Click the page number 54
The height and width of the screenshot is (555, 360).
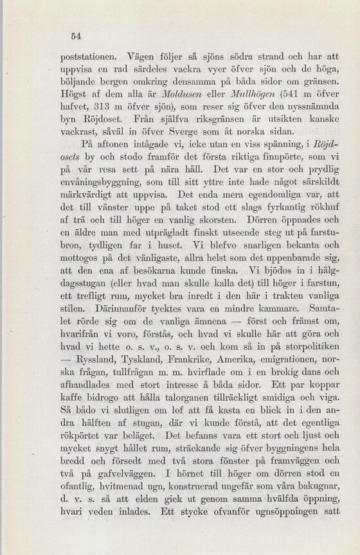click(x=75, y=36)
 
